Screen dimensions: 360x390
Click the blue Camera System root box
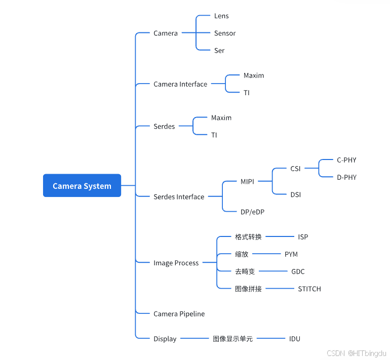(82, 186)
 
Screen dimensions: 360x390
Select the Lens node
(221, 16)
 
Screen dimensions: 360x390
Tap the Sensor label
(225, 33)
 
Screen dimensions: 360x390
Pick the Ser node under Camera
(219, 51)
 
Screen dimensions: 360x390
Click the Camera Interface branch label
(180, 85)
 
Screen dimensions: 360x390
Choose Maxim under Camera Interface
(254, 75)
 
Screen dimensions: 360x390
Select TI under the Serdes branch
(214, 135)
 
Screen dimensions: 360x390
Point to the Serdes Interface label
(179, 197)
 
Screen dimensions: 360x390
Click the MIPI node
(248, 181)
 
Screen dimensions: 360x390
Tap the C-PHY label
(346, 160)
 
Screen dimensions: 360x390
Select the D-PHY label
(346, 177)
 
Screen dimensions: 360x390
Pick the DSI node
(296, 194)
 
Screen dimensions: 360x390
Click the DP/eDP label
(253, 212)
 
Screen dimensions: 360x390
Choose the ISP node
(303, 237)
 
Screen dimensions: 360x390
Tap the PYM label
(291, 254)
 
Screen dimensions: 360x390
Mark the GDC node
(298, 272)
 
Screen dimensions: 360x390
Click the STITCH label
(309, 289)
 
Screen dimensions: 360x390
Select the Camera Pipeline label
(179, 314)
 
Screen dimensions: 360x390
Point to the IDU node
(295, 339)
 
